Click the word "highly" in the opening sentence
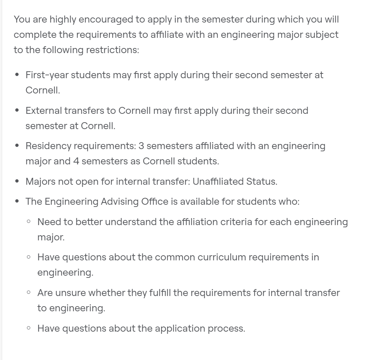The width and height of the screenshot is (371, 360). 63,20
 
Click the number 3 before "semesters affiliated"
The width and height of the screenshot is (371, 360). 141,146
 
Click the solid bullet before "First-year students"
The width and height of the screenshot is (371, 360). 17,75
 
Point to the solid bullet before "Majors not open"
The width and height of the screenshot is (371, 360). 17,181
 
